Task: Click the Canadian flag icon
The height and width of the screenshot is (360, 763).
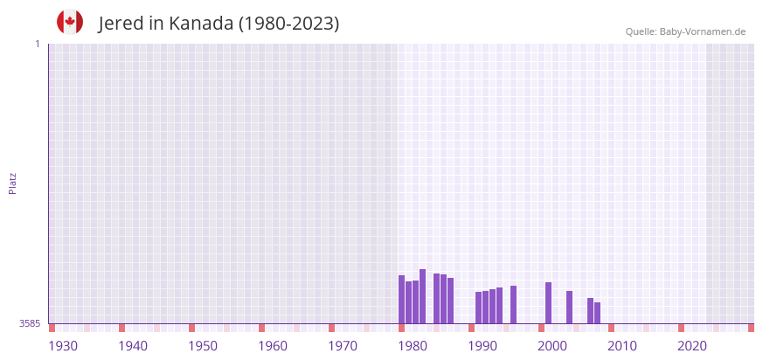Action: tap(70, 23)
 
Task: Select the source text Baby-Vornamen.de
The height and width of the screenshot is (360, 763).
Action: tap(702, 31)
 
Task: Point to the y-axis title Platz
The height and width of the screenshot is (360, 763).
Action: tap(12, 183)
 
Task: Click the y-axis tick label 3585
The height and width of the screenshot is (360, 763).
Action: tap(30, 323)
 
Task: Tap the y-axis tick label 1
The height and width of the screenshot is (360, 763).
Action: tap(37, 44)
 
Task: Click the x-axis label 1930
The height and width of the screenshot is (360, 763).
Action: tap(63, 346)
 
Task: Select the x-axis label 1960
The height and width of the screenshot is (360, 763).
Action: tap(273, 346)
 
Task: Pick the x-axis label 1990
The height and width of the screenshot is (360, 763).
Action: tap(482, 346)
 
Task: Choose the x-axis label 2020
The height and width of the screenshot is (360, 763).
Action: tap(692, 346)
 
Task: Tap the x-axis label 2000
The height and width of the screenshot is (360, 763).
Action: tap(552, 346)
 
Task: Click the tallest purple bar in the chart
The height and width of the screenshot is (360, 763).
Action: tap(422, 296)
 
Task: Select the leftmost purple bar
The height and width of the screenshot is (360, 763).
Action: tap(401, 299)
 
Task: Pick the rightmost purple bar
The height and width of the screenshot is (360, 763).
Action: tap(597, 313)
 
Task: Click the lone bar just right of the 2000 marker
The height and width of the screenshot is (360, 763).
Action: tap(569, 307)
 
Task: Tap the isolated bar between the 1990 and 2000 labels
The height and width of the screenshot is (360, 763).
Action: tap(513, 304)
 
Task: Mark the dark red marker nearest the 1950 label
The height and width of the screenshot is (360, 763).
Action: tap(191, 328)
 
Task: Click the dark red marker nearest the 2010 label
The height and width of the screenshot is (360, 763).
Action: tap(611, 328)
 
